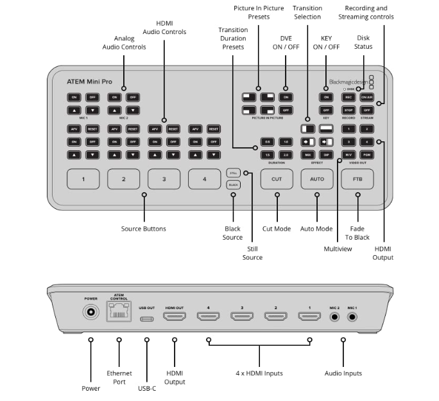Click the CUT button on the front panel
[x=277, y=179]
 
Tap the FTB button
[x=357, y=179]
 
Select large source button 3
[x=164, y=179]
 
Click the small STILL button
[x=234, y=172]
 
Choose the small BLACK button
[x=234, y=184]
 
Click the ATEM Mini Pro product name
[x=89, y=82]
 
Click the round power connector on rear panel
[x=90, y=313]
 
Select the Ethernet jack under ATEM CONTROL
[x=119, y=312]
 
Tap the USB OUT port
[x=147, y=317]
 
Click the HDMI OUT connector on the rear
[x=175, y=317]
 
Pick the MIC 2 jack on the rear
[x=334, y=317]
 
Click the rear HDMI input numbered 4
[x=208, y=317]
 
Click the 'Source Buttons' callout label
[x=144, y=229]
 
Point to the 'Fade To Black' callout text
[x=359, y=233]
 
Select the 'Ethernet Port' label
[x=119, y=377]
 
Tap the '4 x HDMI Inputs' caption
[x=259, y=373]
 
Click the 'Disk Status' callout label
[x=363, y=42]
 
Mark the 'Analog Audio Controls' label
[x=124, y=42]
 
